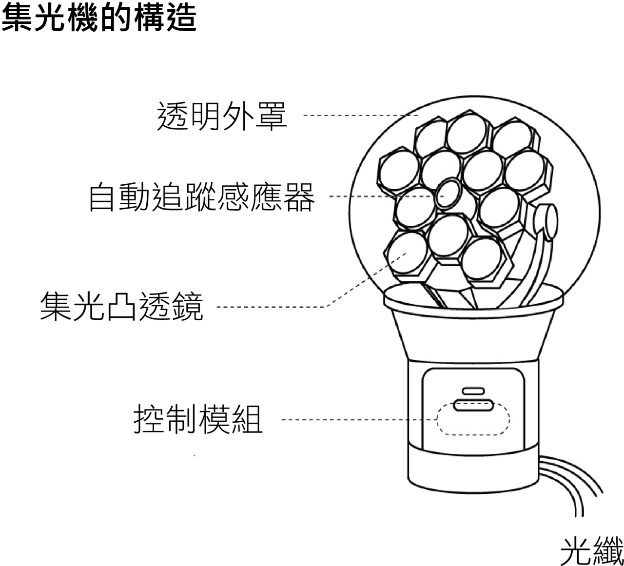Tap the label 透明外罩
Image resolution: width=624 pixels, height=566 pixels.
tap(222, 116)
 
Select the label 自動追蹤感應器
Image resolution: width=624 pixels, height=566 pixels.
tap(201, 197)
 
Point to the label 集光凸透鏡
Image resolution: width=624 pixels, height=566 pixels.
tap(121, 306)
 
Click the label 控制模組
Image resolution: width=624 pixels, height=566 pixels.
tap(198, 419)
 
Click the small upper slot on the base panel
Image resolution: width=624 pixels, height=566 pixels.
tap(473, 390)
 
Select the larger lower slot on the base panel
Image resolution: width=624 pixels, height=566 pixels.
tap(473, 405)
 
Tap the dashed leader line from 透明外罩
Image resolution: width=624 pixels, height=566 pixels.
tap(361, 116)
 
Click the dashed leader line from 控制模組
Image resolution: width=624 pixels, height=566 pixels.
tap(358, 420)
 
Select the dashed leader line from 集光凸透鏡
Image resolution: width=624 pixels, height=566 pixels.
tap(273, 307)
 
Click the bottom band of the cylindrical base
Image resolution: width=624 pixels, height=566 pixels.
tap(472, 470)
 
